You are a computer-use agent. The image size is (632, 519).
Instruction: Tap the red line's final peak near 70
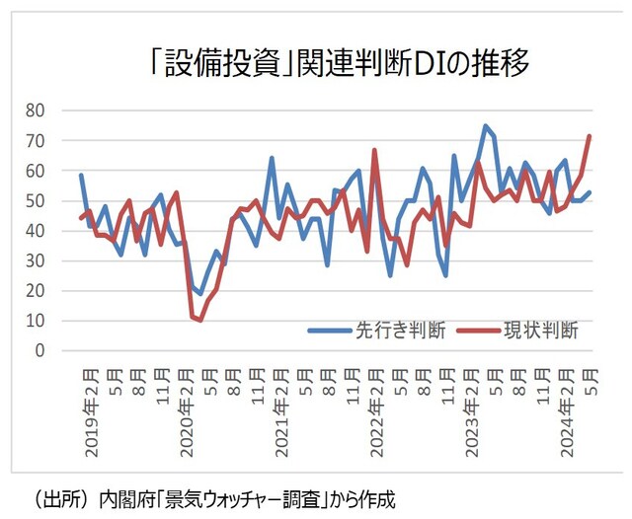pyautogui.click(x=590, y=136)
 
